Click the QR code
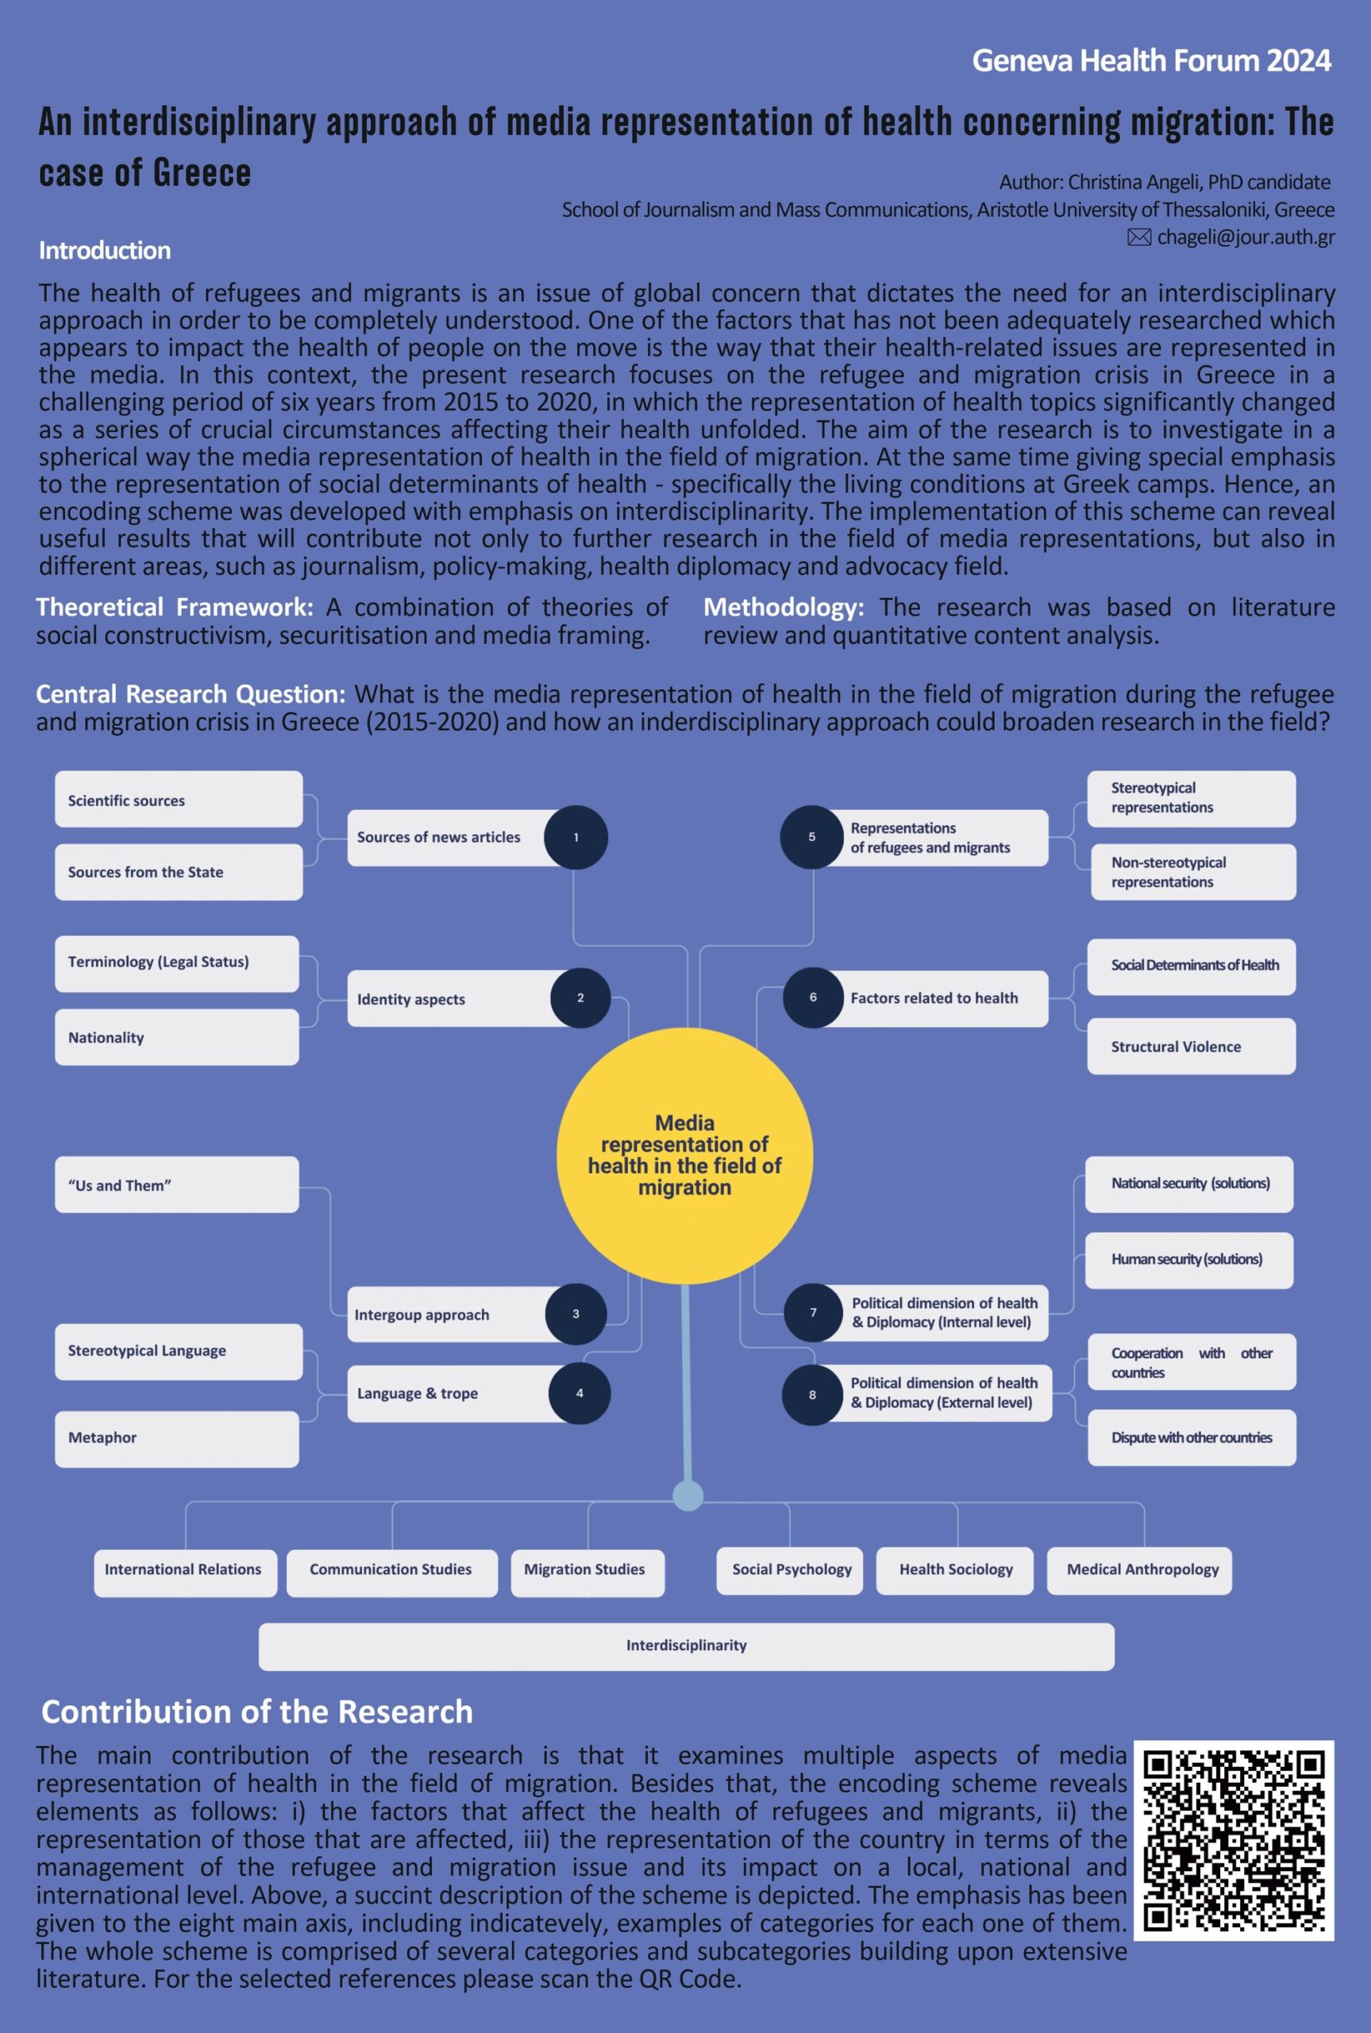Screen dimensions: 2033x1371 (1233, 1840)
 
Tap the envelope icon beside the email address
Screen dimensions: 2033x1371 (1138, 237)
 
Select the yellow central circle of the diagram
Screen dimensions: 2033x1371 (684, 1155)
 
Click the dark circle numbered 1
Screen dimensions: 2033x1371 (576, 837)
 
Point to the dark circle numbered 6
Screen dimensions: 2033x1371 (813, 997)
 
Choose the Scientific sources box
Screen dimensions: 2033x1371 (179, 799)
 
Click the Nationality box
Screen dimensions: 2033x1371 (176, 1037)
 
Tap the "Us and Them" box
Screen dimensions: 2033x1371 (176, 1185)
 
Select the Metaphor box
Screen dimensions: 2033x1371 (176, 1437)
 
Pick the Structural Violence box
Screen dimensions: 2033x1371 (1191, 1047)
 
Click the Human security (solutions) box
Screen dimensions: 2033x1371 (1189, 1260)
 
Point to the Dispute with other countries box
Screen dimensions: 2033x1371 (1192, 1437)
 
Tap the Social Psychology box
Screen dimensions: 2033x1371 (791, 1569)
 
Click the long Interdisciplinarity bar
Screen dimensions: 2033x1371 (687, 1645)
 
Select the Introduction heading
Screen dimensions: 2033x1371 (105, 251)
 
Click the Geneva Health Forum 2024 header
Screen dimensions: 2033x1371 (1152, 60)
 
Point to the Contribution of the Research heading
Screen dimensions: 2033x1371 (257, 1712)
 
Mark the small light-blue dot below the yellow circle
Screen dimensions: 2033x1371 (688, 1496)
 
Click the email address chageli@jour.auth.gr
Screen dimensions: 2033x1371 (1245, 237)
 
